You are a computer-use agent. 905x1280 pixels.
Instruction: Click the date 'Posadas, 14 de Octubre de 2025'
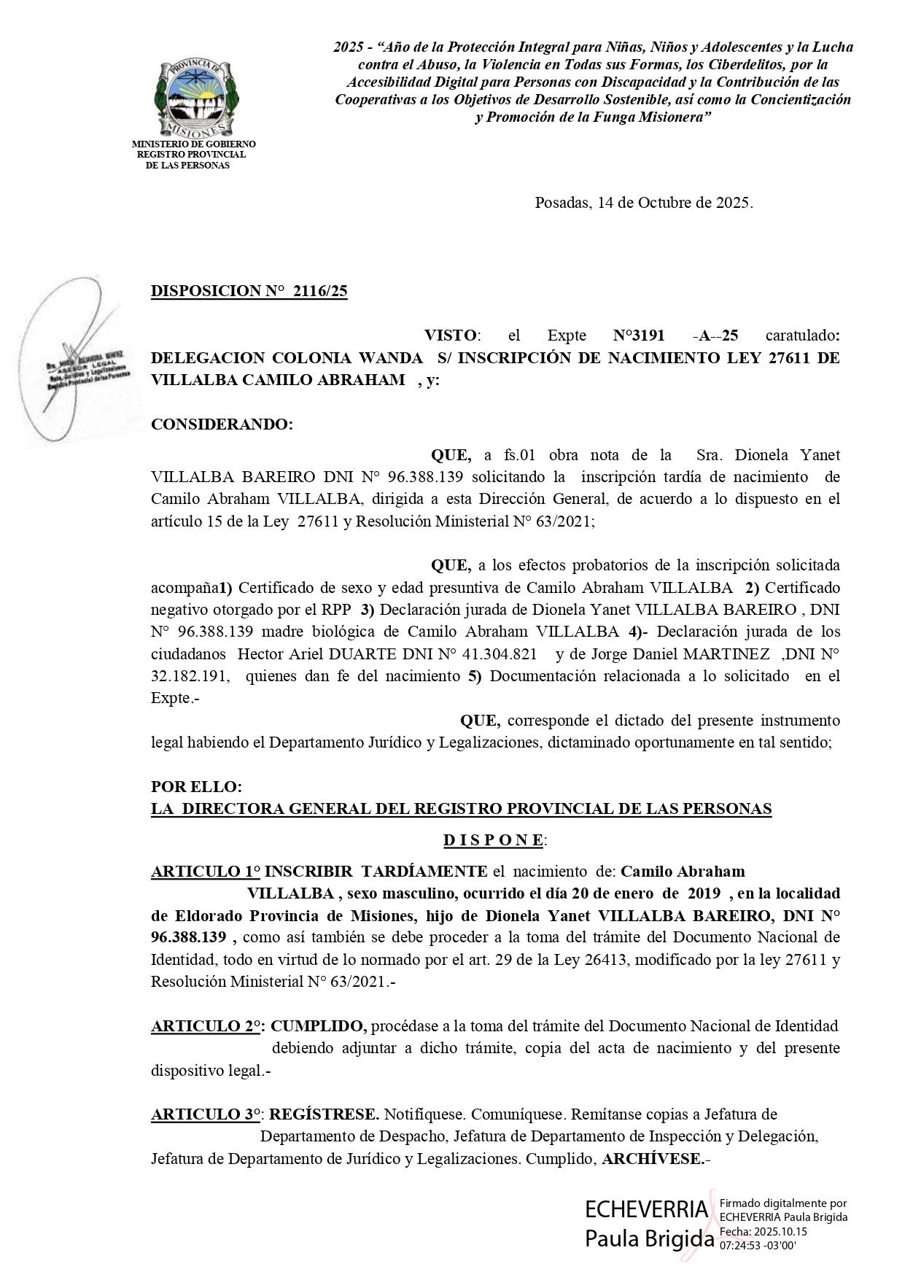(643, 203)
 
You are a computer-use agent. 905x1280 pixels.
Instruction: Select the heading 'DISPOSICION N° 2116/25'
(249, 292)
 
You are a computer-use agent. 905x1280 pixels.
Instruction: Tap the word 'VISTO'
(451, 335)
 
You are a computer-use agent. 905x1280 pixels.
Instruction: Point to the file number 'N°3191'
(639, 335)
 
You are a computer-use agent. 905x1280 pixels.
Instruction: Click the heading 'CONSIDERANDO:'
(222, 424)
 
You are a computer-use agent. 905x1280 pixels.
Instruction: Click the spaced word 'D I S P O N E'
(493, 840)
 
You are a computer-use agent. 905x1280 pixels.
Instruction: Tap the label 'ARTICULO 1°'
(205, 872)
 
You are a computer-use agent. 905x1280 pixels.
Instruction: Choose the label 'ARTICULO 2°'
(206, 1026)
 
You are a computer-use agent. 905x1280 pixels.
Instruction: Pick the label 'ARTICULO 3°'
(206, 1114)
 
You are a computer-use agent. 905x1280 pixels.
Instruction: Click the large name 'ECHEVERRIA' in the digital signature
(646, 1209)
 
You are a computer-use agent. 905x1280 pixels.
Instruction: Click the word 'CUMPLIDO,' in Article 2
(319, 1026)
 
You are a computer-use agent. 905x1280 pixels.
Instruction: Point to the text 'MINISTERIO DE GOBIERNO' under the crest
(193, 144)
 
